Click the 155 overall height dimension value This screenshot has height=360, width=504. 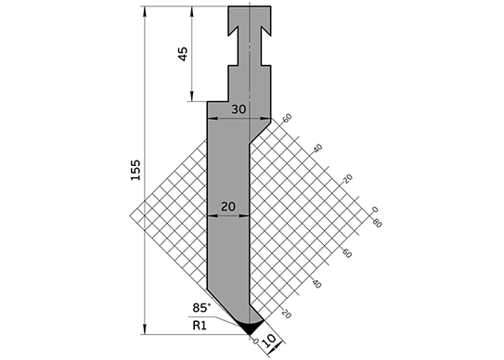136,170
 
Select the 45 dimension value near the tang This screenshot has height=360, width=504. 183,54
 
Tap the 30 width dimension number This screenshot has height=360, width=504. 239,109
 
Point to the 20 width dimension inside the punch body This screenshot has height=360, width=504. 228,206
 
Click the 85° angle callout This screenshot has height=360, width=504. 201,308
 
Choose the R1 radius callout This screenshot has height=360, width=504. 200,326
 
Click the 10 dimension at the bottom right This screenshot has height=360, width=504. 269,341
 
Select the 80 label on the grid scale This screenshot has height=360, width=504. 377,223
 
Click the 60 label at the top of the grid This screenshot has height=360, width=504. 287,118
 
